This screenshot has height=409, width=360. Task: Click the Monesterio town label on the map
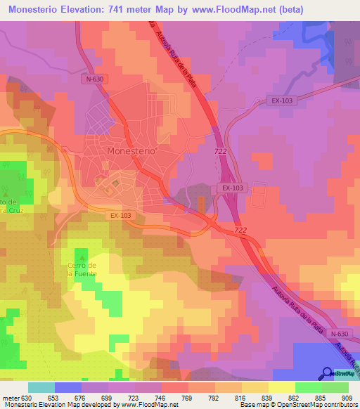click(131, 151)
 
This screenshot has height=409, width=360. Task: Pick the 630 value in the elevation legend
click(27, 398)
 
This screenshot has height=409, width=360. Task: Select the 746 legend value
click(162, 398)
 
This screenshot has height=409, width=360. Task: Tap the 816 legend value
click(242, 398)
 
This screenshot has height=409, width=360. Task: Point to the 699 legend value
click(108, 398)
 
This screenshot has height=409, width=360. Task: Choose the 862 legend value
click(295, 398)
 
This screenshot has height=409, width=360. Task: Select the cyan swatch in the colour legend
click(41, 387)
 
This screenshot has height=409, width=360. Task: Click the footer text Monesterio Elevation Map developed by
click(56, 405)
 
